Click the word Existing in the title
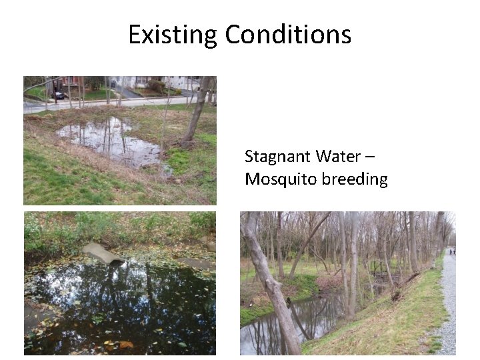point(173,34)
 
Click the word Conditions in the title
point(288,34)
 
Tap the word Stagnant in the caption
point(277,157)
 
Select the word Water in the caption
point(337,157)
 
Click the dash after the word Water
point(370,157)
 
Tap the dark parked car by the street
point(59,95)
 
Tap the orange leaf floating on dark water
point(125,345)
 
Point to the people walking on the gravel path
point(451,252)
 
